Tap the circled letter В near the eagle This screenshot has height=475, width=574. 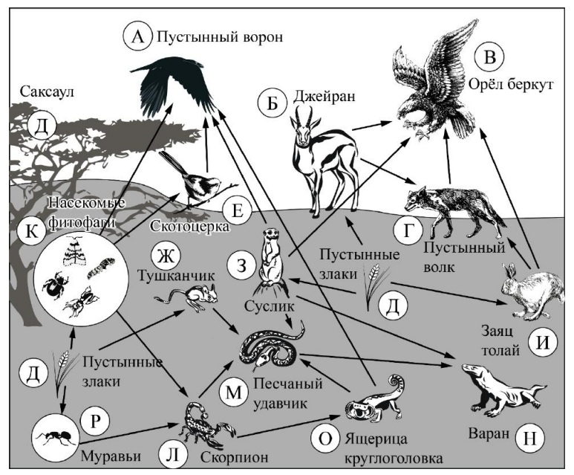click(489, 56)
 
